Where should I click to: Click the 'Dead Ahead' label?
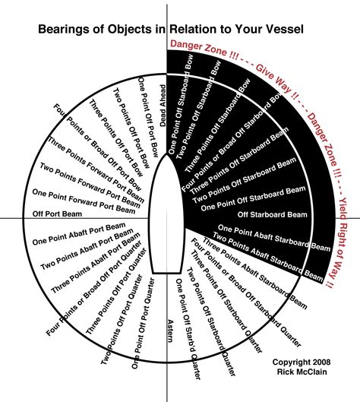163,106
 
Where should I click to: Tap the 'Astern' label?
170,331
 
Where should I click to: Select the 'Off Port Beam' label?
57,214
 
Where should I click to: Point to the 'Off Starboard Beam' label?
272,214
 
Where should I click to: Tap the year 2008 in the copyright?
321,362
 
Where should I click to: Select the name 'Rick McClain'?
302,372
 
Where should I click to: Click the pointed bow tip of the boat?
167,154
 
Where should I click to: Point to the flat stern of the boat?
167,274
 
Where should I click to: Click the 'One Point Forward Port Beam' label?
84,201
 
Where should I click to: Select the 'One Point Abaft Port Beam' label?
79,233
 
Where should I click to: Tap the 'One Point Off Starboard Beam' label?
253,198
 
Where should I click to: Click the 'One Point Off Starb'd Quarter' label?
188,329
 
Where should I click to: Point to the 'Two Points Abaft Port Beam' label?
87,249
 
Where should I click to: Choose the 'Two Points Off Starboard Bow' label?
198,110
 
